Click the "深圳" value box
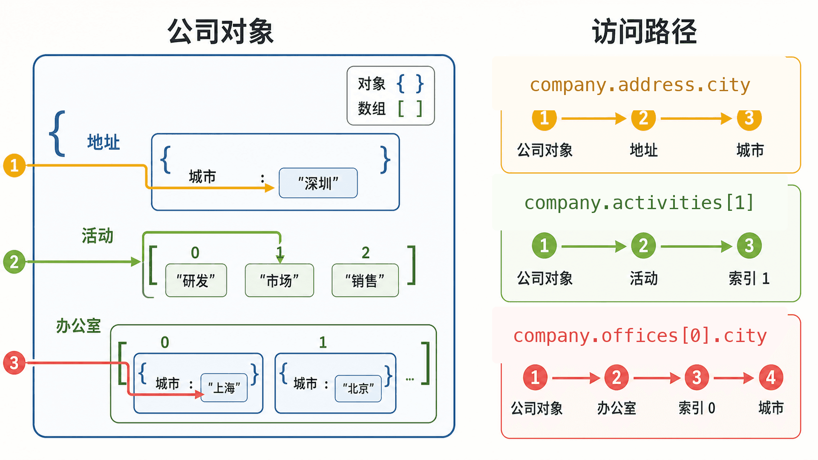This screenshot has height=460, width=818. pyautogui.click(x=318, y=183)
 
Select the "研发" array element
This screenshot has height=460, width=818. pyautogui.click(x=196, y=280)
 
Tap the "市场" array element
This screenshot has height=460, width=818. pyautogui.click(x=279, y=280)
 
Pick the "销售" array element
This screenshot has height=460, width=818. pyautogui.click(x=365, y=280)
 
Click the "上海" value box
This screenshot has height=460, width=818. pyautogui.click(x=224, y=388)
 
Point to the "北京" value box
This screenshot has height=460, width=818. pyautogui.click(x=358, y=388)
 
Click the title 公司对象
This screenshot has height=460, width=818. pyautogui.click(x=221, y=32)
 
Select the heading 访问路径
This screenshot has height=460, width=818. pyautogui.click(x=645, y=32)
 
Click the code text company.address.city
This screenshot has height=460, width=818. pyautogui.click(x=640, y=85)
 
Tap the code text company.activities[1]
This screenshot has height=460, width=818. pyautogui.click(x=639, y=203)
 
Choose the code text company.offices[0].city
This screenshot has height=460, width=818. pyautogui.click(x=640, y=336)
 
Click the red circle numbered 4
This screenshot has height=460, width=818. pyautogui.click(x=771, y=377)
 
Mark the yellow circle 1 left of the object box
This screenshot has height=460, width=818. pyautogui.click(x=14, y=165)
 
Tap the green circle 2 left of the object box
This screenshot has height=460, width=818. pyautogui.click(x=14, y=262)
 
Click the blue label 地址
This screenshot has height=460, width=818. pyautogui.click(x=104, y=142)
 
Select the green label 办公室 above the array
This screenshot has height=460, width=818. pyautogui.click(x=78, y=326)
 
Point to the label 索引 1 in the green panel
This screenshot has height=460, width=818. pyautogui.click(x=749, y=279)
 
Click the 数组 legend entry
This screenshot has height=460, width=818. pyautogui.click(x=390, y=109)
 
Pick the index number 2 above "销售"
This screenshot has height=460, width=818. pyautogui.click(x=366, y=253)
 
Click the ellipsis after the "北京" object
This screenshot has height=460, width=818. pyautogui.click(x=410, y=379)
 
